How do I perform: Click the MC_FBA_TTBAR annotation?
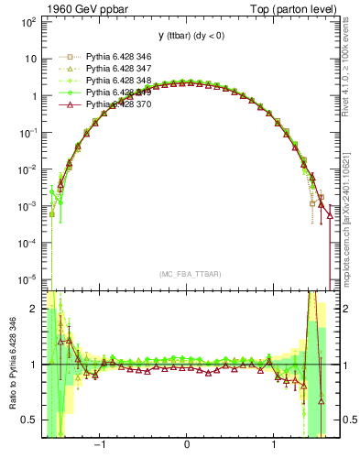pyautogui.click(x=187, y=273)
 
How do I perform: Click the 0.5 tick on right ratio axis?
pyautogui.click(x=344, y=420)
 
